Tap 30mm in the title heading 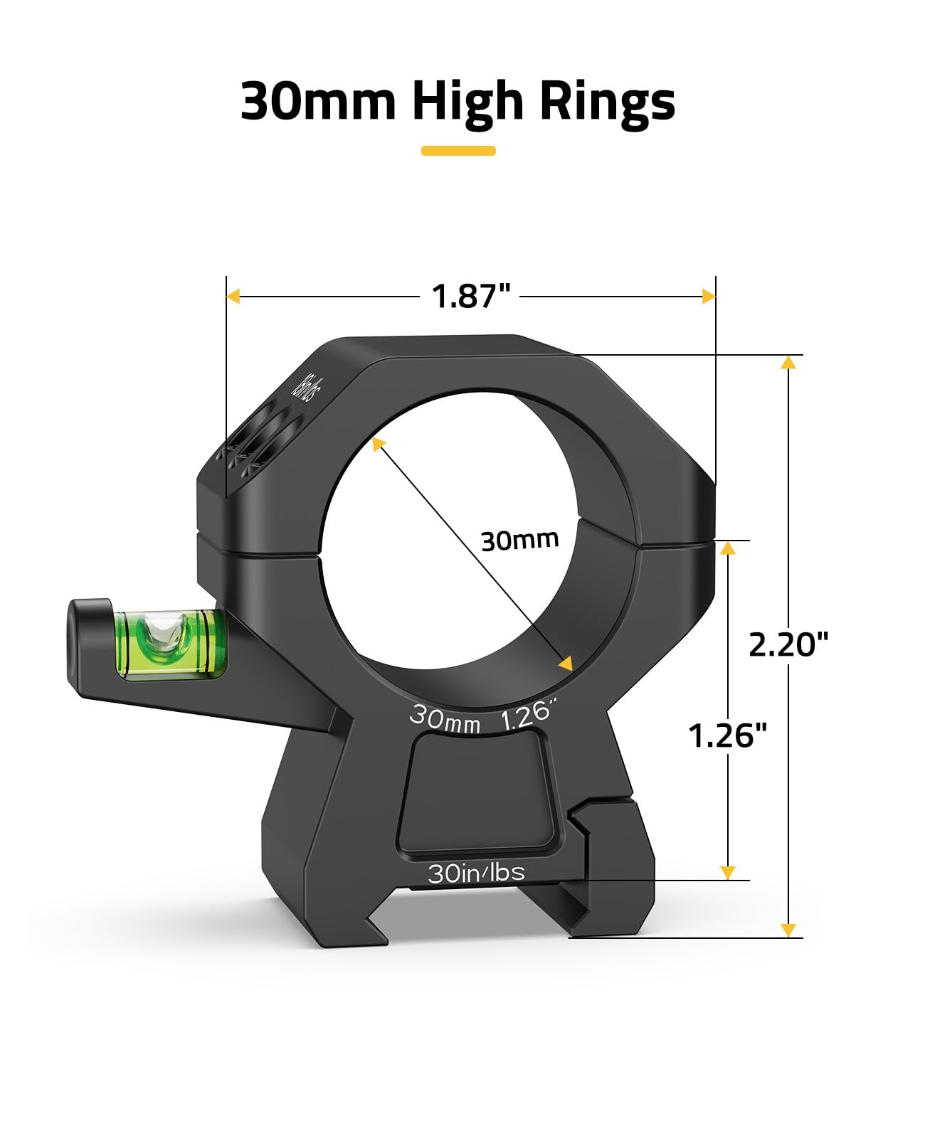pos(318,100)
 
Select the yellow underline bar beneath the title pos(458,151)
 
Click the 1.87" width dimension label pos(471,296)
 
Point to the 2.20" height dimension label pos(788,644)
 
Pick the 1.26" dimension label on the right pos(727,735)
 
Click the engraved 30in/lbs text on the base pos(476,873)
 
